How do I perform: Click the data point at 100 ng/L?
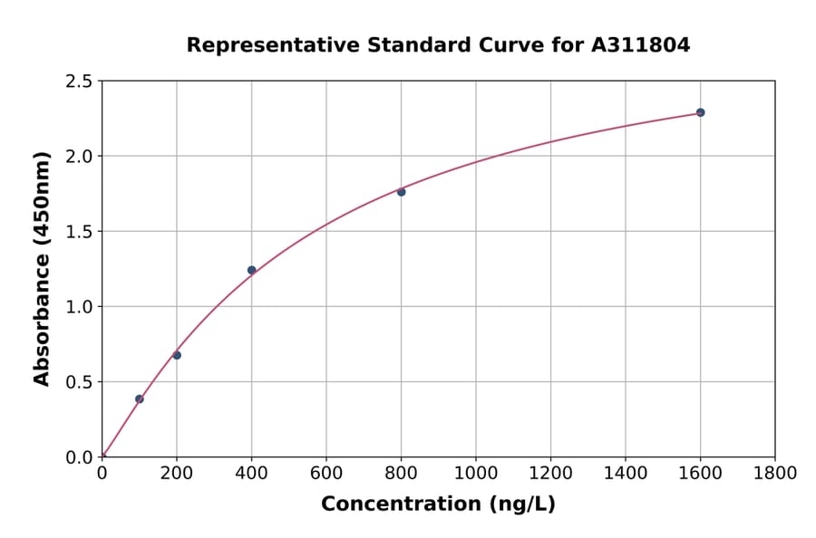(x=140, y=399)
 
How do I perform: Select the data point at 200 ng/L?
(x=177, y=355)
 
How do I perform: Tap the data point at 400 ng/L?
(x=251, y=270)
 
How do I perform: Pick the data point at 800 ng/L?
(x=401, y=192)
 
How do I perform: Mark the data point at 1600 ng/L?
(x=700, y=112)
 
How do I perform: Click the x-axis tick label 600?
(x=326, y=473)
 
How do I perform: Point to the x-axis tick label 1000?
(x=476, y=473)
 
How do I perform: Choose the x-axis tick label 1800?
(x=775, y=473)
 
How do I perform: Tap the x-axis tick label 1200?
(x=550, y=473)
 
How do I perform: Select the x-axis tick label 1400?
(x=626, y=473)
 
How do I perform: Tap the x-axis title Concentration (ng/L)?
(x=438, y=504)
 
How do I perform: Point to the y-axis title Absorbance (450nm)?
(x=42, y=269)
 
